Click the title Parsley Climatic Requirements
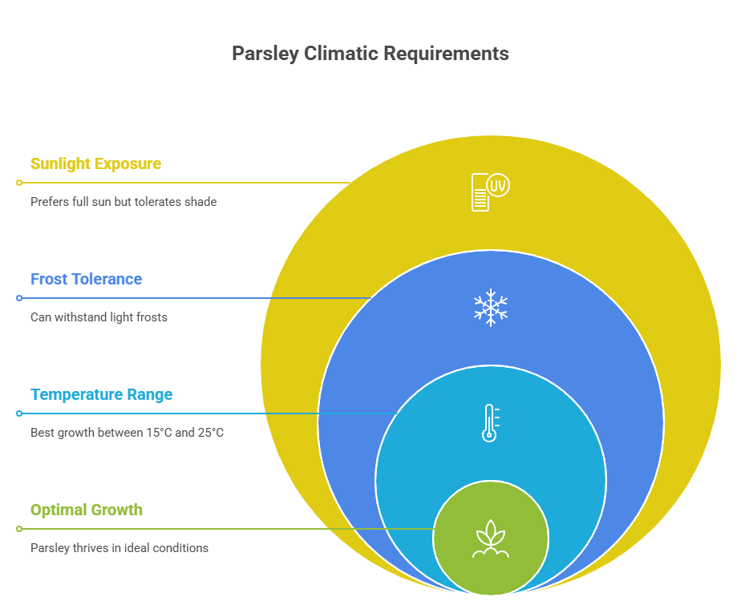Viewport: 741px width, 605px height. (370, 54)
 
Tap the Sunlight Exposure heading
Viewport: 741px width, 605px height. (95, 163)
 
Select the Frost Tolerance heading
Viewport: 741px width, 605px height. (86, 279)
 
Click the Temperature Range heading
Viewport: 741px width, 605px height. (101, 394)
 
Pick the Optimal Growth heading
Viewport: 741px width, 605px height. (86, 510)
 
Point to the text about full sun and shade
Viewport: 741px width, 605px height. (123, 202)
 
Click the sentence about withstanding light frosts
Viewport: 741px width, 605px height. (99, 317)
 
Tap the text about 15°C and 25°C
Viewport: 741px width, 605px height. (127, 433)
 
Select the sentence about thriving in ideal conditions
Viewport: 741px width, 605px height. (119, 548)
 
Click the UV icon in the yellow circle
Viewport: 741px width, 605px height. (489, 191)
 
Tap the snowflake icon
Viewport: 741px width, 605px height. (490, 309)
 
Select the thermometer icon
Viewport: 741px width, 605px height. (489, 423)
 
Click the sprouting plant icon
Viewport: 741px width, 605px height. (490, 539)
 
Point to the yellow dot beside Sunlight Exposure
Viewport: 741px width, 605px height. (19, 183)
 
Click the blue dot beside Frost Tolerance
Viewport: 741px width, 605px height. (19, 298)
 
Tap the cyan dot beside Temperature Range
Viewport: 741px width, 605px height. (19, 413)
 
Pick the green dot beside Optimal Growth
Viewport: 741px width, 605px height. (19, 529)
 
